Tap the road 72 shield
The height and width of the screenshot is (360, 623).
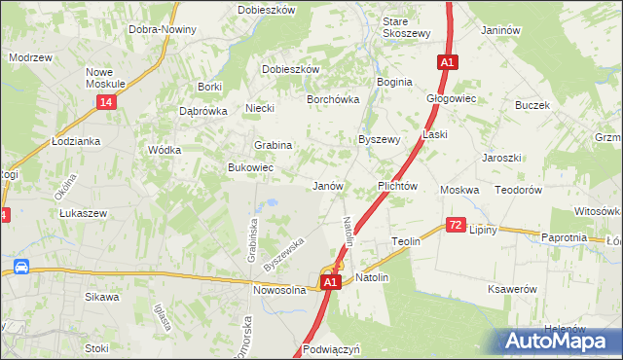pos(456,226)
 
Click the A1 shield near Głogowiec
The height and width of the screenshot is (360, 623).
pos(447,63)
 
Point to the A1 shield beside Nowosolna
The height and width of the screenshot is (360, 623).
pos(330,282)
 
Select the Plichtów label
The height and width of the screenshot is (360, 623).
pos(397,185)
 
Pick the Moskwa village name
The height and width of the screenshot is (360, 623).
pos(459,190)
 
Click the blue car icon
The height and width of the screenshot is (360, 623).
pos(20,267)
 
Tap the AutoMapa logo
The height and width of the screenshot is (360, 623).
pos(559,341)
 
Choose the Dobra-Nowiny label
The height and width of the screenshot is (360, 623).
pos(163,29)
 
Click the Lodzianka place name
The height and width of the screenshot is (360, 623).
pos(77,141)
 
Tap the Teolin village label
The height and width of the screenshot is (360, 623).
pos(405,240)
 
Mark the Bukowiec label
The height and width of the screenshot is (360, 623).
pos(249,168)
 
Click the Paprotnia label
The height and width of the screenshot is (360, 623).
pos(564,237)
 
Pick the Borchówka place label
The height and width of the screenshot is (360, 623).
pos(333,99)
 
